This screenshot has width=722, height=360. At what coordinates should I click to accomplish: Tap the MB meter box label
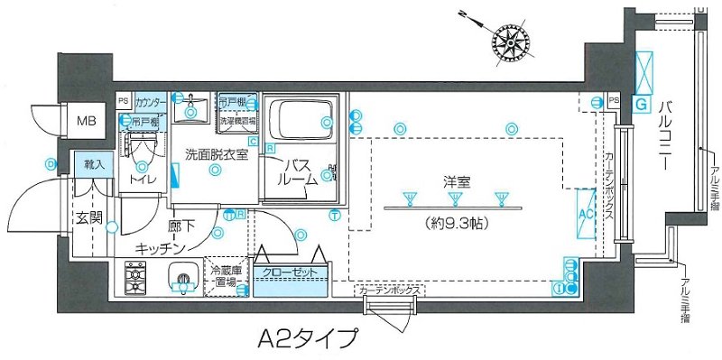pyautogui.click(x=86, y=118)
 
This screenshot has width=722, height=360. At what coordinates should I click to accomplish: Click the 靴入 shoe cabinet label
pyautogui.click(x=94, y=165)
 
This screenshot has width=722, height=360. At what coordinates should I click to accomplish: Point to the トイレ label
pyautogui.click(x=143, y=180)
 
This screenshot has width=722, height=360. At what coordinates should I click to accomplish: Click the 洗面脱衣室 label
pyautogui.click(x=217, y=153)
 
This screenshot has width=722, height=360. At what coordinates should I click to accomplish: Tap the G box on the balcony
pyautogui.click(x=642, y=105)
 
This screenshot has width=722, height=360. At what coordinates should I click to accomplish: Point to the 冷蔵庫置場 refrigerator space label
pyautogui.click(x=226, y=276)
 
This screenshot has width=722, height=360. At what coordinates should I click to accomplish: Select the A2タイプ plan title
pyautogui.click(x=302, y=340)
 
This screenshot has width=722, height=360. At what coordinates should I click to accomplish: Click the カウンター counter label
pyautogui.click(x=152, y=103)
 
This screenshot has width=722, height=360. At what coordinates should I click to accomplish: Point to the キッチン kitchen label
pyautogui.click(x=162, y=247)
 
